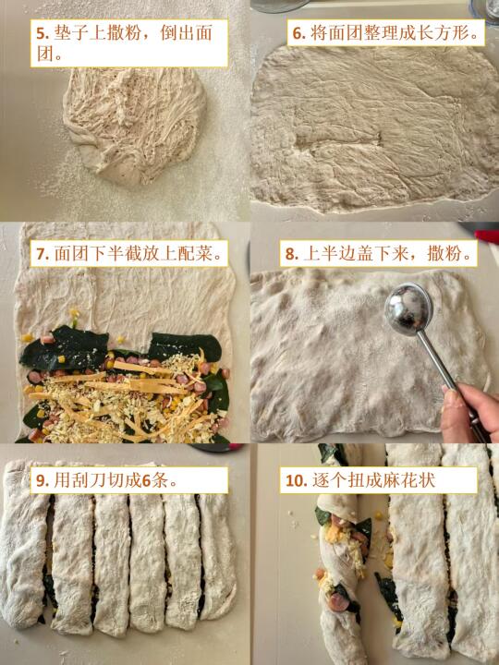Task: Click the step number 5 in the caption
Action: pyautogui.click(x=42, y=33)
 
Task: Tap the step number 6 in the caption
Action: pyautogui.click(x=299, y=33)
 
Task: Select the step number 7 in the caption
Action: pyautogui.click(x=42, y=254)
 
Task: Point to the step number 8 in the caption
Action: pyautogui.click(x=291, y=254)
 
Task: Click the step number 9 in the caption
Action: pyautogui.click(x=42, y=480)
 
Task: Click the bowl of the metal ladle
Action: pyautogui.click(x=408, y=308)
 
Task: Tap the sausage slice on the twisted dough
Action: pyautogui.click(x=338, y=602)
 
